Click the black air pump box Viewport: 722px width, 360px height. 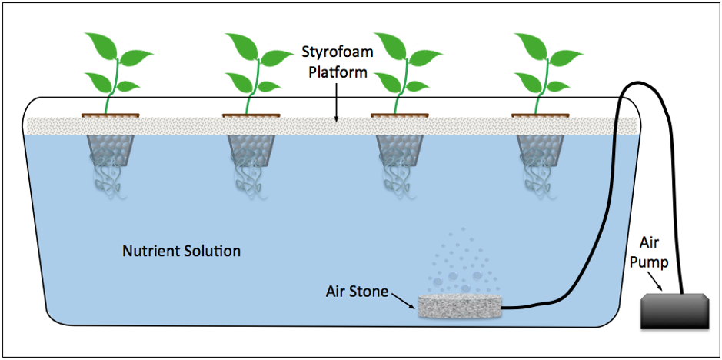click(674, 312)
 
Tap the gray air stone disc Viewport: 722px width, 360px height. click(459, 307)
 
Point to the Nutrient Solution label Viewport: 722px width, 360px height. click(181, 251)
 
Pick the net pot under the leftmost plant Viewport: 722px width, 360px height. click(111, 149)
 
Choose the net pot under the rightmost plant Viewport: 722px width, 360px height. click(541, 149)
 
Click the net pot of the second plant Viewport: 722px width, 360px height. click(251, 149)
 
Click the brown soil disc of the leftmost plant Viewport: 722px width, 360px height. click(111, 116)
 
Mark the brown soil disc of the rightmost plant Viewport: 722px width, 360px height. click(541, 116)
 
